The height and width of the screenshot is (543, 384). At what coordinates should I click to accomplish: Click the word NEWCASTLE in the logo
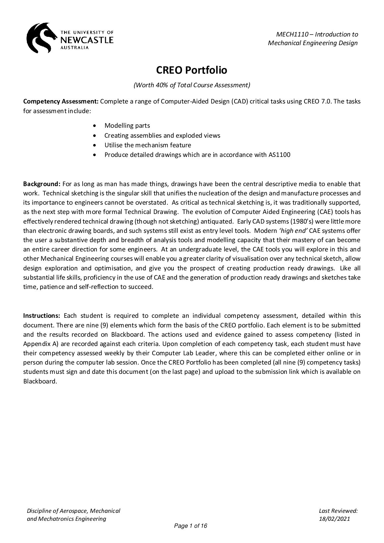click(x=87, y=40)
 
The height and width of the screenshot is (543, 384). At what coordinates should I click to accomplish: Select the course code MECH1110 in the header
click(x=292, y=34)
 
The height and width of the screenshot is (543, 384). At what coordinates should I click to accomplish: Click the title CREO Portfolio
click(x=192, y=70)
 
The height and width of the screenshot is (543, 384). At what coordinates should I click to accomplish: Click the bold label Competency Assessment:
click(x=61, y=102)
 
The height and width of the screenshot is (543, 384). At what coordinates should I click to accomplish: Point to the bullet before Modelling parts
click(x=96, y=126)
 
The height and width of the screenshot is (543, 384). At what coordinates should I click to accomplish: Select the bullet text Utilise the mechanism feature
click(x=148, y=145)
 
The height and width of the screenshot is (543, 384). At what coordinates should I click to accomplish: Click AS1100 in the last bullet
click(x=279, y=155)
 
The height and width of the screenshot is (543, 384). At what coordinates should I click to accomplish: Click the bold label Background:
click(x=41, y=184)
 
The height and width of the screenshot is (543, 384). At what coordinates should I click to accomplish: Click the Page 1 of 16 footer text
click(x=191, y=526)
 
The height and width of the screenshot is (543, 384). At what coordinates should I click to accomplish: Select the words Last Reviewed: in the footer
click(x=338, y=511)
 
